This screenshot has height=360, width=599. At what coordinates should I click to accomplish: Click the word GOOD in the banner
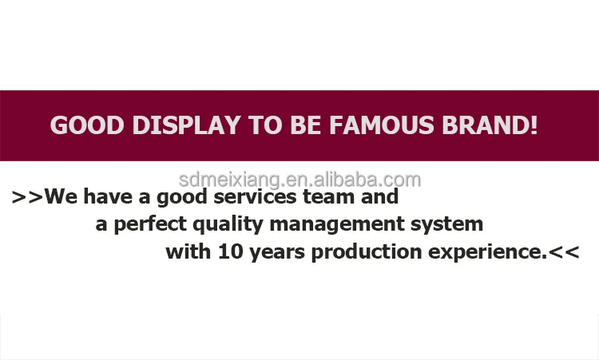[x=87, y=125]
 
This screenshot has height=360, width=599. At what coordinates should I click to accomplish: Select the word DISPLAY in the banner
[x=186, y=125]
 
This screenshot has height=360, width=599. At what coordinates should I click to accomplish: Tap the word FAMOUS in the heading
[x=382, y=125]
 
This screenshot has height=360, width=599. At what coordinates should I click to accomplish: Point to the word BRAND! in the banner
[x=490, y=125]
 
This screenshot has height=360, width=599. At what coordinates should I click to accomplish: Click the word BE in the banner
[x=306, y=125]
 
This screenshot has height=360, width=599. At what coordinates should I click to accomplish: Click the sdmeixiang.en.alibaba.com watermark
[x=299, y=180]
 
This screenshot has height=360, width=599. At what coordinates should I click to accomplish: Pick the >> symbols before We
[x=27, y=197]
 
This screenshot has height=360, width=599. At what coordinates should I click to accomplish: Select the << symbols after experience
[x=564, y=252]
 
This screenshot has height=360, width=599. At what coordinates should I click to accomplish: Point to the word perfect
[x=150, y=224]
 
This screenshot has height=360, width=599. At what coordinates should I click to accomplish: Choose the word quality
[x=228, y=224]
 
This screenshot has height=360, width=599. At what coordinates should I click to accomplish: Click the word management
[x=337, y=224]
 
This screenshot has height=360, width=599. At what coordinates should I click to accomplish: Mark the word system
[x=447, y=224]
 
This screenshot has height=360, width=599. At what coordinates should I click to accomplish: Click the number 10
[x=231, y=252]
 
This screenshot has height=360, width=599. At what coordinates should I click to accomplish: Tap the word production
[x=367, y=252]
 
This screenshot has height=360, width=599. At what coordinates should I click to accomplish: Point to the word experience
[x=488, y=252]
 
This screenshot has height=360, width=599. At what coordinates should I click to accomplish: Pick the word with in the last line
[x=188, y=251]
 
